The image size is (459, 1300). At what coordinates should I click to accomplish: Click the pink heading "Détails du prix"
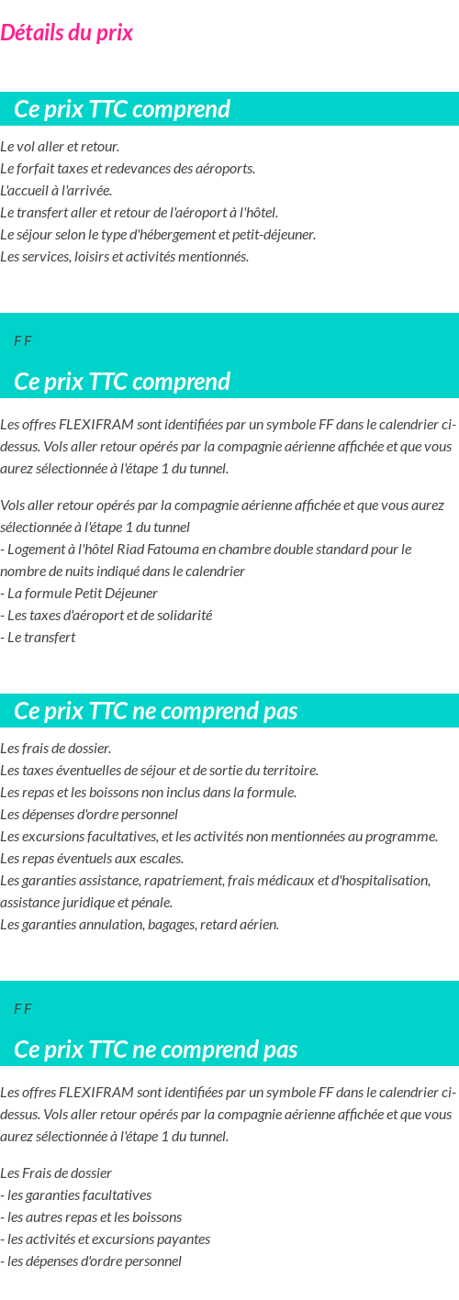pos(67,33)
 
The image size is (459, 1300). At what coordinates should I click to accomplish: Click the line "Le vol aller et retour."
pos(60,147)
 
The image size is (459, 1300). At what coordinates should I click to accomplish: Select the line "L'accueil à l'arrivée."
pos(56,191)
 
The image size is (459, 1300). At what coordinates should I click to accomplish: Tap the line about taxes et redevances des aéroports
pos(128,169)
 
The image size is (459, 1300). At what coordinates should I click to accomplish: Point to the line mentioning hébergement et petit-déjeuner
pos(158,235)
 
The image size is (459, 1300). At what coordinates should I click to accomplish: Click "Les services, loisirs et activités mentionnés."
pos(125,257)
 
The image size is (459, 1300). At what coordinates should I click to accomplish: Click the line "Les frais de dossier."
pos(56,749)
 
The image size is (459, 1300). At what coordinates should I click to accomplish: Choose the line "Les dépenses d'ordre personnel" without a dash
pos(89,815)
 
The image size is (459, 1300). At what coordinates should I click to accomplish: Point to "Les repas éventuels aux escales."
pos(92,859)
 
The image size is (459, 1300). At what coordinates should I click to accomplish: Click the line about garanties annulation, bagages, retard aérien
pos(140,925)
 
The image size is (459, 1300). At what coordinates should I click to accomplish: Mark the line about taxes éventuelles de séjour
pos(159,771)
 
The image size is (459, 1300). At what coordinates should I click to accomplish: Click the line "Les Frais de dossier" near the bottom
pos(56,1173)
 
